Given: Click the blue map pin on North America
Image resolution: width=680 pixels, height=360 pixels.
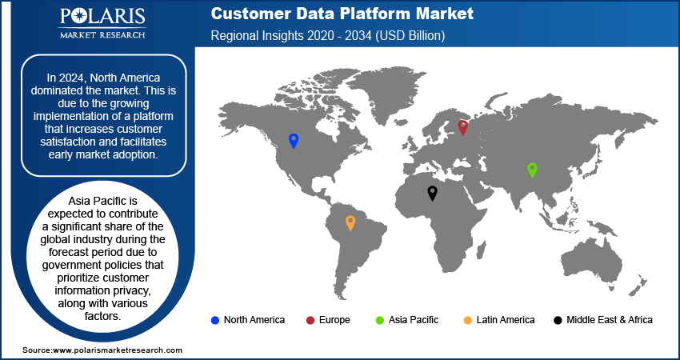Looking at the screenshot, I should coord(294,141).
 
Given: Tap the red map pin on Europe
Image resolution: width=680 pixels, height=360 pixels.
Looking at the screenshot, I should coord(462,126).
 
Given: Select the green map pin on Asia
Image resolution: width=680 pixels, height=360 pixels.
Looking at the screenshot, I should coord(532,169).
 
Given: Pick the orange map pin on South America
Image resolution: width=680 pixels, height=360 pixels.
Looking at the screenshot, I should coord(350,222).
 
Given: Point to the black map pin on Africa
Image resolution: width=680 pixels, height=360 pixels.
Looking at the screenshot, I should coord(432,192).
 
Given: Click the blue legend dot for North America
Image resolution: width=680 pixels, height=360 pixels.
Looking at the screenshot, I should coord(214,320).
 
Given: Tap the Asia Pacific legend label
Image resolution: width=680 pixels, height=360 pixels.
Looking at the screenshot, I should coord(414,320).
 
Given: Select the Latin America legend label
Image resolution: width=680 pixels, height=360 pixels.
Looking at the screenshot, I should coord(505,320).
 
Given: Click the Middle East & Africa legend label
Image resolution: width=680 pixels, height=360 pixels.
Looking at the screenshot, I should coord(609,320).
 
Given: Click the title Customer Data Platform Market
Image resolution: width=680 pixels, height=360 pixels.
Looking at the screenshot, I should coord(342,14).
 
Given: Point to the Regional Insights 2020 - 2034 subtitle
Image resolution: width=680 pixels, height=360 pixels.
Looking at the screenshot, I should coord(327,36).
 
